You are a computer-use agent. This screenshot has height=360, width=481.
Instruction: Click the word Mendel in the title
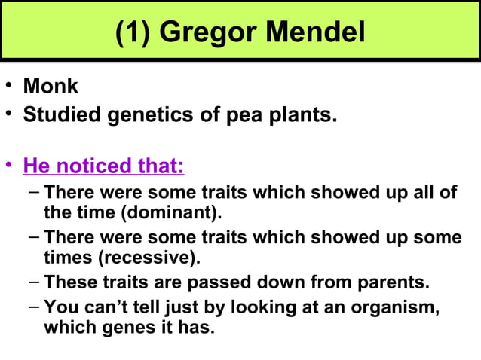point(313,32)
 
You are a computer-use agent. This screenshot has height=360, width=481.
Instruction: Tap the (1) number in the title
point(133,32)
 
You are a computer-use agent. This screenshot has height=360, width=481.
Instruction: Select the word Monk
point(51,86)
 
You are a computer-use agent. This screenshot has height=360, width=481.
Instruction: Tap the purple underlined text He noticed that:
point(103,164)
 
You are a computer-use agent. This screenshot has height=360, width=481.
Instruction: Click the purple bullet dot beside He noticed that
point(8,164)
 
